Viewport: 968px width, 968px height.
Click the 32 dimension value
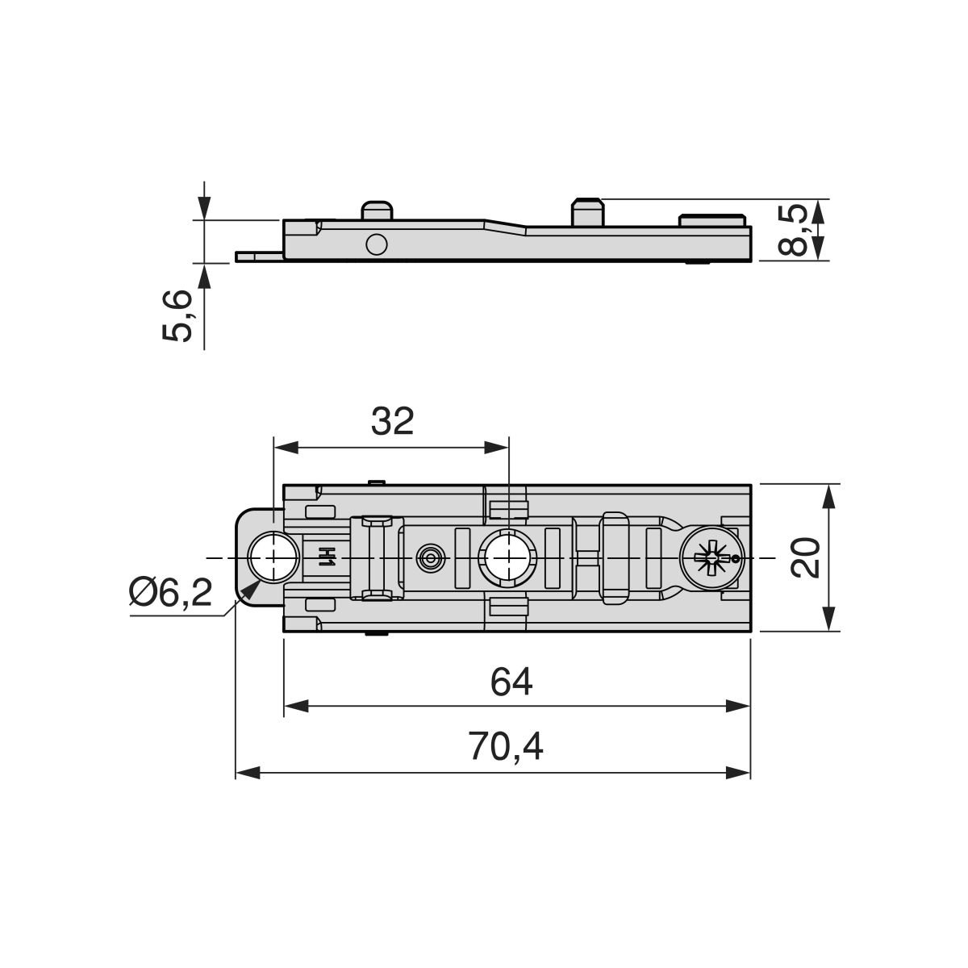click(392, 421)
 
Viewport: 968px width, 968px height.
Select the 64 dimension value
click(511, 682)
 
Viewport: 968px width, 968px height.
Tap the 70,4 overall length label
click(506, 746)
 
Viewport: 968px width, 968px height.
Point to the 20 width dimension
click(805, 557)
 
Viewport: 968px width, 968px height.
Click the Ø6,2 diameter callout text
click(170, 593)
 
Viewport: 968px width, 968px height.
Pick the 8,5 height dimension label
click(794, 230)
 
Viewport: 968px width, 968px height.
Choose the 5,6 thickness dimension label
click(177, 316)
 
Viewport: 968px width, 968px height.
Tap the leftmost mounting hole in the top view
click(273, 557)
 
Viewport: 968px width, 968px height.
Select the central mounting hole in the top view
click(508, 557)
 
